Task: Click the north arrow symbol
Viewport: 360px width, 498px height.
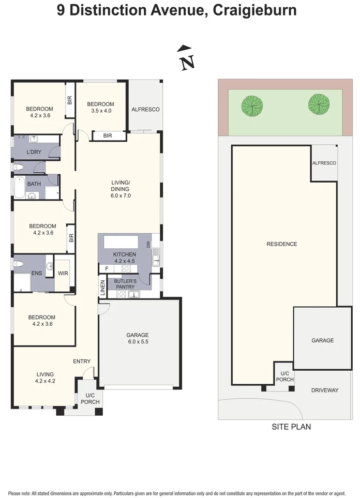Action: point(186,57)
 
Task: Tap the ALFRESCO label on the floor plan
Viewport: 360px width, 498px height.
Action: point(145,110)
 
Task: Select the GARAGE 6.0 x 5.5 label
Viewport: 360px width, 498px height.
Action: point(139,338)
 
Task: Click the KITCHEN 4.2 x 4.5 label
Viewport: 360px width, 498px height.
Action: point(124,258)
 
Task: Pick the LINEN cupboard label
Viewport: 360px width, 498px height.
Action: point(102,288)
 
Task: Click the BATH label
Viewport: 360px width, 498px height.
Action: point(34,184)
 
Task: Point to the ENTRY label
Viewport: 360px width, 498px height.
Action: point(82,361)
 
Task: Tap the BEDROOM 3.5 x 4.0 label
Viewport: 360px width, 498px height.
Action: point(101,107)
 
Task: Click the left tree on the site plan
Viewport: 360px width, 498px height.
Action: point(252,105)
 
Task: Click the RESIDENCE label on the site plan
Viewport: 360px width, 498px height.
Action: point(281,244)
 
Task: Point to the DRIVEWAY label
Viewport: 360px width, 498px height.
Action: point(324,390)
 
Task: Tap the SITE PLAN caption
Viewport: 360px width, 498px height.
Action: point(291,427)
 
